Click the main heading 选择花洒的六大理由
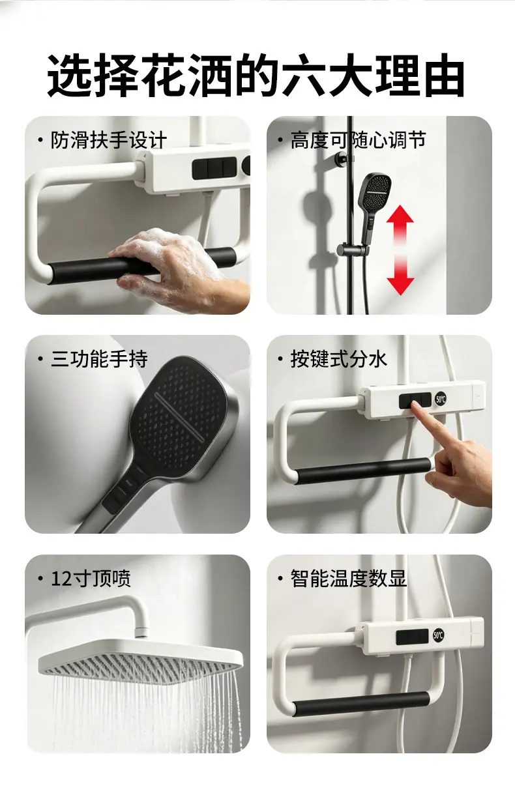[x=256, y=76]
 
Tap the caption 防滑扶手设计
[x=108, y=140]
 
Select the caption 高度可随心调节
[x=359, y=140]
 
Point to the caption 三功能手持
[x=99, y=359]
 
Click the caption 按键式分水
[x=338, y=359]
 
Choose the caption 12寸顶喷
[x=91, y=579]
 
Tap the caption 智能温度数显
[x=349, y=579]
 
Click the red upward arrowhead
[x=400, y=216]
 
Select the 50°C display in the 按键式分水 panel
[x=441, y=399]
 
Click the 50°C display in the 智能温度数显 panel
[x=438, y=635]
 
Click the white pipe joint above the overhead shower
[x=141, y=632]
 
